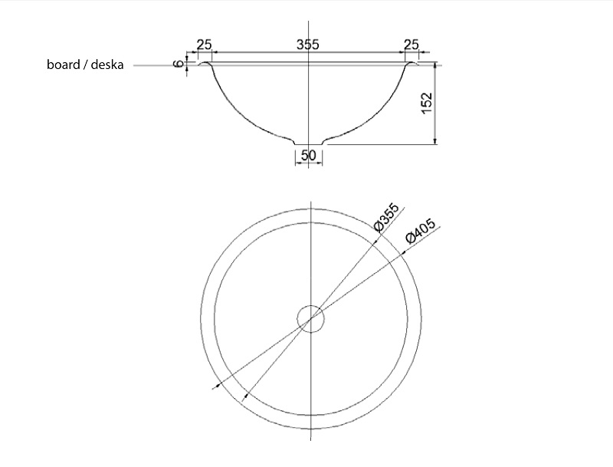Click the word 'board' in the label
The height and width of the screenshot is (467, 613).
[64, 64]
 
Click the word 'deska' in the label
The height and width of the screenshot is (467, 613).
[107, 64]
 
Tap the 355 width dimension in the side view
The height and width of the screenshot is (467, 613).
[308, 44]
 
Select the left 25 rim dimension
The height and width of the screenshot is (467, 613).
[204, 44]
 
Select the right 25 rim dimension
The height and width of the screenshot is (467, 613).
[411, 44]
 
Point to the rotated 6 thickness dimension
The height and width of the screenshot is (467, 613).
[179, 64]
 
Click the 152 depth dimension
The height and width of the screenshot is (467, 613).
[427, 103]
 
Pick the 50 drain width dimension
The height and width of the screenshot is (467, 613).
[309, 155]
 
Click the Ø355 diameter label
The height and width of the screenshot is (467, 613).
[386, 217]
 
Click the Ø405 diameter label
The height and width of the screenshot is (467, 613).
[420, 231]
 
